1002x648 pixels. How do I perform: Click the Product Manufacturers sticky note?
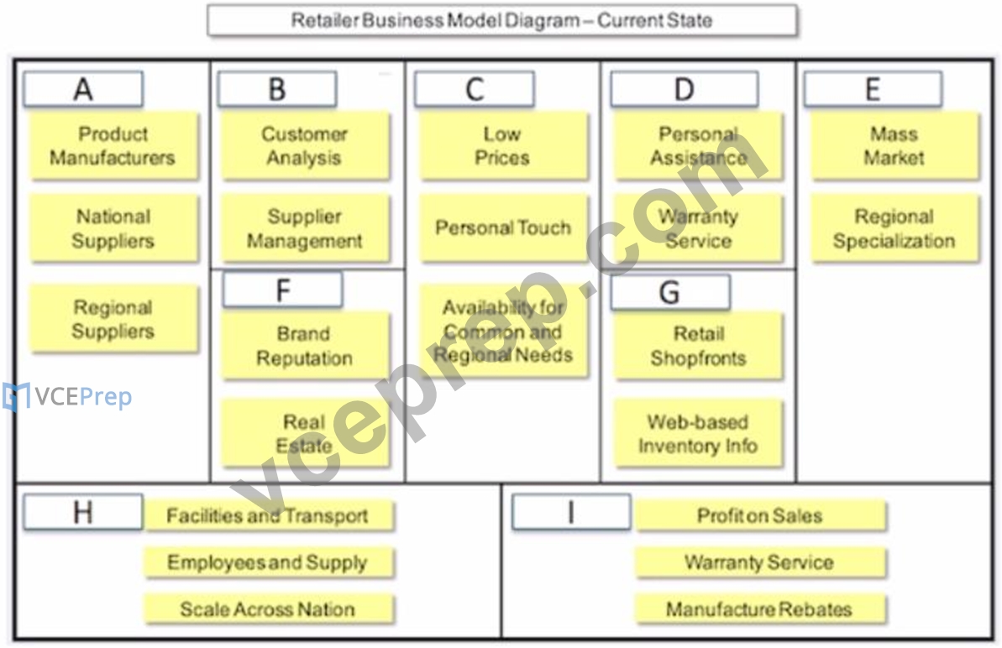pyautogui.click(x=113, y=145)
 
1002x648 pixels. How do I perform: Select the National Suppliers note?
pyautogui.click(x=113, y=228)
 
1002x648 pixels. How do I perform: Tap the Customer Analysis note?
pyautogui.click(x=305, y=145)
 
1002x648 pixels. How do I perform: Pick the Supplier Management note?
pyautogui.click(x=305, y=228)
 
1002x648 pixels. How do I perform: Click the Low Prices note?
pyautogui.click(x=503, y=145)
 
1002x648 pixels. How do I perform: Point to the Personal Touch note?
pyautogui.click(x=503, y=228)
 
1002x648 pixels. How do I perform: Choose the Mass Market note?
pyautogui.click(x=894, y=145)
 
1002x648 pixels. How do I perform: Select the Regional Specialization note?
pyautogui.click(x=894, y=228)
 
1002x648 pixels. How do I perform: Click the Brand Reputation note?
pyautogui.click(x=305, y=345)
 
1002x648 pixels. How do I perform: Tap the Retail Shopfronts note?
pyautogui.click(x=699, y=345)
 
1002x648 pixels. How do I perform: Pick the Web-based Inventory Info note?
pyautogui.click(x=699, y=433)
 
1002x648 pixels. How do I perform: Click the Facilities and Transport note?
pyautogui.click(x=269, y=515)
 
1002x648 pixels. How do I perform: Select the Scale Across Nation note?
pyautogui.click(x=269, y=609)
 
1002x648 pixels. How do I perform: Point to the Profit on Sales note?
pyautogui.click(x=760, y=515)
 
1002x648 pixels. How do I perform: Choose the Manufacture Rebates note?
pyautogui.click(x=760, y=609)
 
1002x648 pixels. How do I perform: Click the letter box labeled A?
pyautogui.click(x=83, y=89)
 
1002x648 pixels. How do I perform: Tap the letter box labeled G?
pyautogui.click(x=670, y=292)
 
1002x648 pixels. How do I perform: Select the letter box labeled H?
pyautogui.click(x=83, y=512)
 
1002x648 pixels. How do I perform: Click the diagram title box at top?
pyautogui.click(x=502, y=20)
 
